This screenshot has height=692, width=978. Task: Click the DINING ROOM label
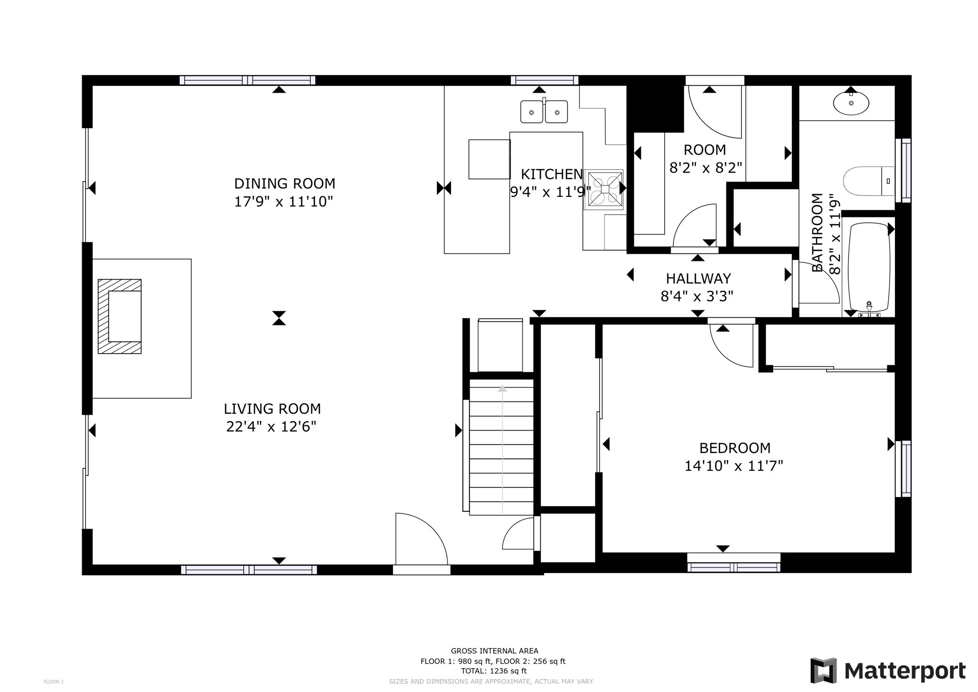(x=285, y=184)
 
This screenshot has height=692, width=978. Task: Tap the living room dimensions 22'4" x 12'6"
(x=271, y=426)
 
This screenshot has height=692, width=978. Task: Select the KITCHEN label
(x=552, y=174)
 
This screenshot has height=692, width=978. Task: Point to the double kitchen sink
(x=544, y=111)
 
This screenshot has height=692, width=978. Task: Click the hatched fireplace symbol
(x=120, y=316)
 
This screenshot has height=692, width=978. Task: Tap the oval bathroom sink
(x=851, y=103)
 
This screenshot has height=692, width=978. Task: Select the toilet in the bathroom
(x=869, y=181)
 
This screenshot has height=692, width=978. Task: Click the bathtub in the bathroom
(x=869, y=267)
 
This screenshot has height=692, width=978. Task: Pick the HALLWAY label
(x=698, y=278)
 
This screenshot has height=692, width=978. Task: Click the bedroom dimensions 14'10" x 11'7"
(x=734, y=466)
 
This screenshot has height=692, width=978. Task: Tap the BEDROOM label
(x=735, y=448)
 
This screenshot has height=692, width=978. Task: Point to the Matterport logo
(x=888, y=670)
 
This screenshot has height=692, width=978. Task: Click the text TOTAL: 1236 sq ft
(x=494, y=671)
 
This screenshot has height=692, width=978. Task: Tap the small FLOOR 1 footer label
(x=53, y=682)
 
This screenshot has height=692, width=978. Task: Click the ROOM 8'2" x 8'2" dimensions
(x=705, y=168)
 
